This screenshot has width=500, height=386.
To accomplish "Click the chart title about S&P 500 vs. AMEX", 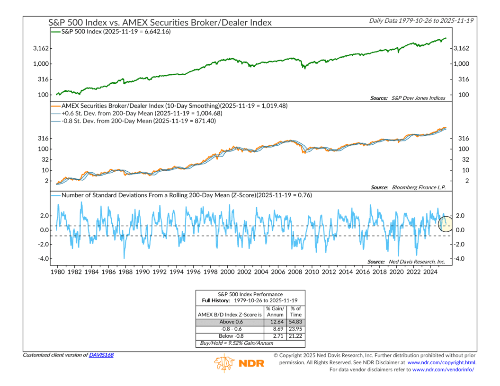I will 161,22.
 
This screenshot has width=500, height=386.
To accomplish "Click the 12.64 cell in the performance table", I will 275,323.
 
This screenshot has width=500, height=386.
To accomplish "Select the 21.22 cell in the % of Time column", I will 295,337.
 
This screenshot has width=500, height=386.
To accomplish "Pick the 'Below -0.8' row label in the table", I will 230,337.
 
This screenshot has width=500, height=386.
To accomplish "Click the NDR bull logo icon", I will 223,363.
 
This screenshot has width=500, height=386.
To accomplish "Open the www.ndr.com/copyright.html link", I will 442,362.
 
